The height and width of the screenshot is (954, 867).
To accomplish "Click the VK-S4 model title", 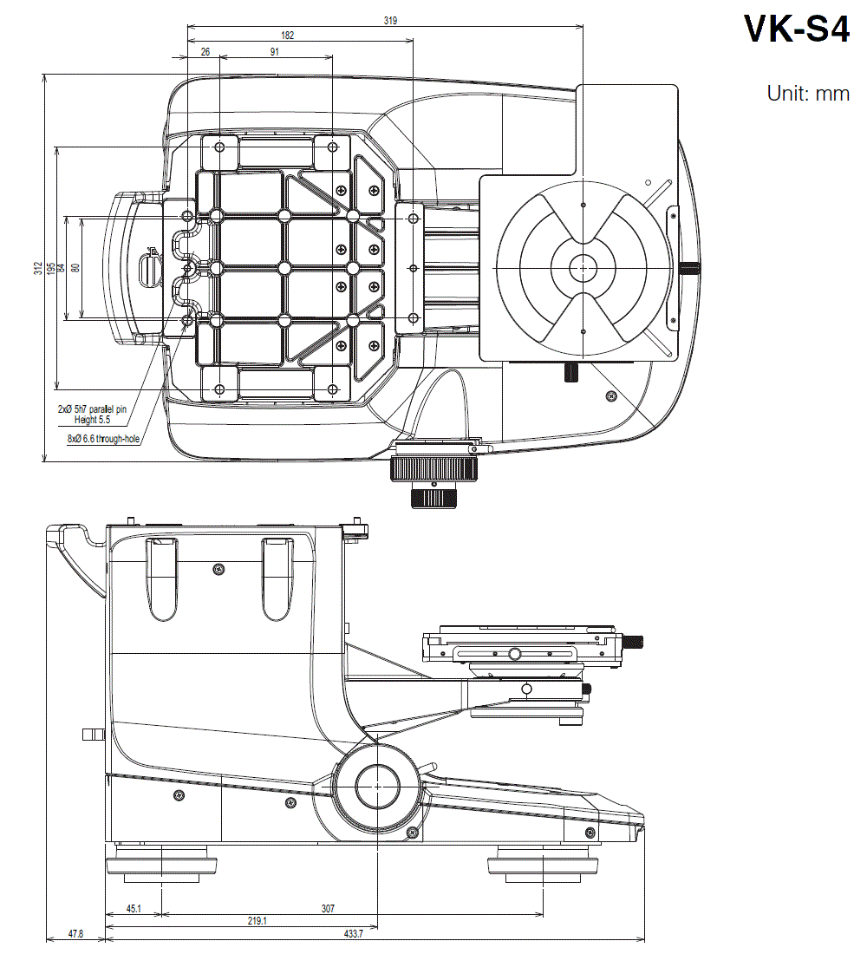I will (x=796, y=29).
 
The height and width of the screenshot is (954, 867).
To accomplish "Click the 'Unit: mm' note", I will (x=807, y=93).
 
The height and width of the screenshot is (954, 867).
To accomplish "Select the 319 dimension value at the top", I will (x=390, y=21).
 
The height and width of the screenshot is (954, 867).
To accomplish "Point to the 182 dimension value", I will (x=287, y=36).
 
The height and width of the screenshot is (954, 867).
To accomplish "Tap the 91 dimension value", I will (x=275, y=52).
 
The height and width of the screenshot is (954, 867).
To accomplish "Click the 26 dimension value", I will (x=205, y=52).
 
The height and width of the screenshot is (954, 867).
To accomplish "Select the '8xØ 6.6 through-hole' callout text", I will (x=103, y=439).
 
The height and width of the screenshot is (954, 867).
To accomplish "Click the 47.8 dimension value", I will (x=75, y=935).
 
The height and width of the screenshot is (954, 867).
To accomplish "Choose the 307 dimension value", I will (x=328, y=909).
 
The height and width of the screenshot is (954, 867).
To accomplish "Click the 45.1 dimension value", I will (x=134, y=909).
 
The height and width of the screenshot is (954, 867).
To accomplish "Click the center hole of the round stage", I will (x=583, y=269).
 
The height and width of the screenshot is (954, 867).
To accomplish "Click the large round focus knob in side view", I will (x=377, y=786).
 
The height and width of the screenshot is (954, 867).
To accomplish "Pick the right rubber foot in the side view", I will (x=544, y=866).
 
